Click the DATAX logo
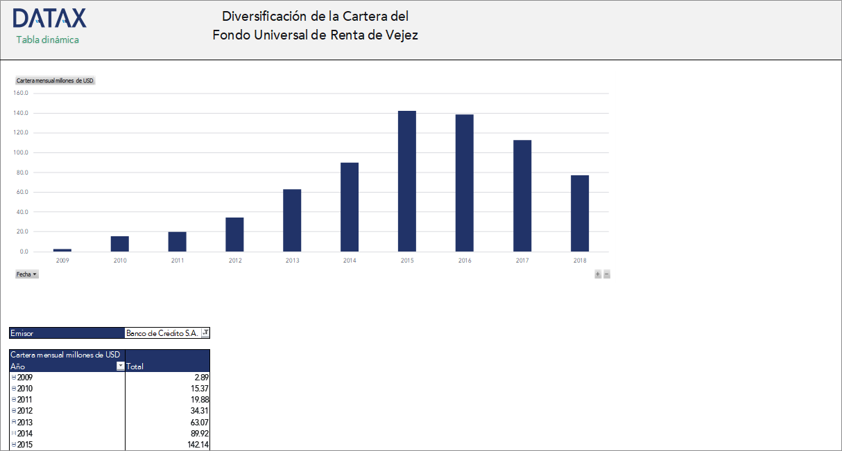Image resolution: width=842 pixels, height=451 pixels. coord(49,18)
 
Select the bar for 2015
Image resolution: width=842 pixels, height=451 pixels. coord(406,181)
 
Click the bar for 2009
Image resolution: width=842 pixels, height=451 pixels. coord(62,249)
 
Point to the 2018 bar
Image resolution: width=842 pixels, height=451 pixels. coord(579,213)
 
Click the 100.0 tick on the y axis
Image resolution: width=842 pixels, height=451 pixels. coord(21,152)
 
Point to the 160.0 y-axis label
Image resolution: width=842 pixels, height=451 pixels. coord(21,94)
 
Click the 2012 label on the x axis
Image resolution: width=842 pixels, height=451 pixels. coord(234,260)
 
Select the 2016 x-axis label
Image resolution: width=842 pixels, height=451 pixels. coord(465,260)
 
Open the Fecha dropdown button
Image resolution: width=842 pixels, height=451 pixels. coord(26,274)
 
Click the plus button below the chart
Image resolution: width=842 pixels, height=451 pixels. coord(598,274)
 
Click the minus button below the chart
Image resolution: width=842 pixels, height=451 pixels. coord(607,274)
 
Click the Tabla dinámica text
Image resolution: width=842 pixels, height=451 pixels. coord(47,39)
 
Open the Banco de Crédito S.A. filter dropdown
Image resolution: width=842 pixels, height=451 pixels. coord(205,333)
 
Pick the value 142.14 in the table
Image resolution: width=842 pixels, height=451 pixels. coord(198,445)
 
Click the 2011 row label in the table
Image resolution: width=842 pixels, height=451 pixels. coord(25,400)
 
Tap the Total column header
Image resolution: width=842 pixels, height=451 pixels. coord(135,366)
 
